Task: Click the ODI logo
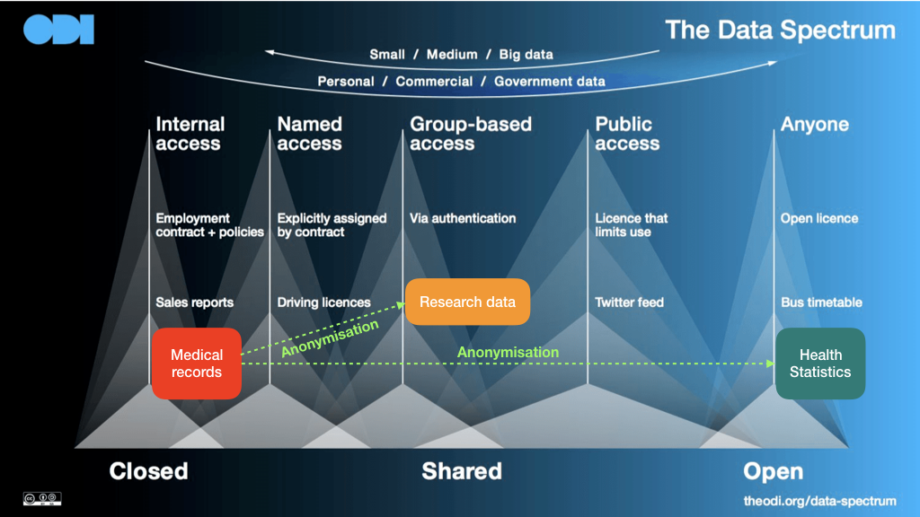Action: point(58,30)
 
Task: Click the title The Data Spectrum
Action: point(781,30)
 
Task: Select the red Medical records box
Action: point(197,364)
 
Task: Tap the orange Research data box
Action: point(467,302)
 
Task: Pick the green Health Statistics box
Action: point(820,364)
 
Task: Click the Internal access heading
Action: point(190,134)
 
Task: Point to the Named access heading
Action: point(309,134)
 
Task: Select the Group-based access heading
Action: point(471,134)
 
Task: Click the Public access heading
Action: point(627,134)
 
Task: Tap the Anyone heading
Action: point(814,124)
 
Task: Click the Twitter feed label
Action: point(629,302)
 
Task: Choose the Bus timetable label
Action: point(821,302)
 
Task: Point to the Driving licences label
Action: point(323,302)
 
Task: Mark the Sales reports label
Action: point(194,302)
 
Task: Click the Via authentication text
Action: point(463,218)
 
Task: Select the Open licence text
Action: point(819,218)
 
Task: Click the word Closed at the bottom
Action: point(148,471)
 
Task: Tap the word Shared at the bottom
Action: point(462,471)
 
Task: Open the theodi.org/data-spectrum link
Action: point(819,501)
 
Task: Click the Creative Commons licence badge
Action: point(42,499)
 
